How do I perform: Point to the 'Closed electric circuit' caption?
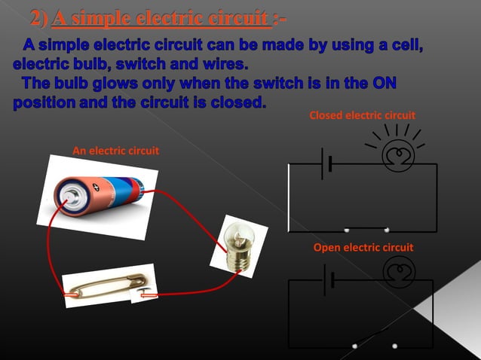point(363,115)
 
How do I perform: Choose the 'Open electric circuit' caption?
point(363,248)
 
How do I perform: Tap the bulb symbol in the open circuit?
point(395,273)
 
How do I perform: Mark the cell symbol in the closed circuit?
point(326,163)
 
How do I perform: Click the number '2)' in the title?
point(39,17)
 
